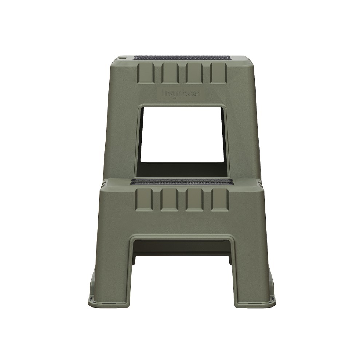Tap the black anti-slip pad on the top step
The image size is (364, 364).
click(182, 57)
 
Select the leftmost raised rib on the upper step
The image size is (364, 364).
click(146, 73)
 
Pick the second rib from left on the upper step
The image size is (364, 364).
click(170, 73)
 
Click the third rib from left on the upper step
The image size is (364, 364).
click(194, 73)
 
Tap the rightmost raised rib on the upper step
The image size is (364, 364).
click(218, 73)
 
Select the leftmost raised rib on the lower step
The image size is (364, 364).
click(144, 199)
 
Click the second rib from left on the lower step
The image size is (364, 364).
click(169, 199)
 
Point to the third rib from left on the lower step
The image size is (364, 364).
click(195, 199)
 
